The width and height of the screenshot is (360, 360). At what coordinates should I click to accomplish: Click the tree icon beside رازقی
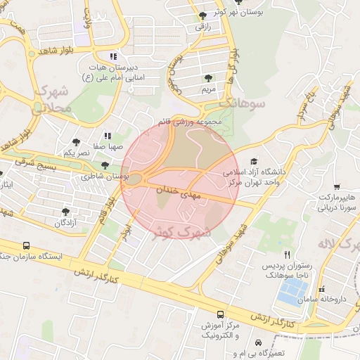(203, 15)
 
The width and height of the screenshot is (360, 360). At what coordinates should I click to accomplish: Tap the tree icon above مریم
(207, 78)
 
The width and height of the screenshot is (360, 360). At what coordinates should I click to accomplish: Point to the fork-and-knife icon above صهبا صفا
(107, 135)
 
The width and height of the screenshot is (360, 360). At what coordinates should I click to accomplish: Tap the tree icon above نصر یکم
(76, 141)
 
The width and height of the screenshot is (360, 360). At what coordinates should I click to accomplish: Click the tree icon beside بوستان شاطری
(105, 165)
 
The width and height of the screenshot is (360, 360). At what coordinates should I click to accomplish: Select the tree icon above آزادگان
(66, 211)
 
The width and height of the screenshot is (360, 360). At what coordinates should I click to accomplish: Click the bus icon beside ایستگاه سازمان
(27, 247)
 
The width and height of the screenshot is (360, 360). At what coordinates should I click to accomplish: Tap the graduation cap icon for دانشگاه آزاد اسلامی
(253, 161)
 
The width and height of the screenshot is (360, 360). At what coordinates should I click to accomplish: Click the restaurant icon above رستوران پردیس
(286, 254)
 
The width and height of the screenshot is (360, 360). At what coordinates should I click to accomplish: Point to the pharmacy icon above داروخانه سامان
(323, 289)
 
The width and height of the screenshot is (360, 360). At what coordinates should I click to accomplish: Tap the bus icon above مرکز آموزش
(221, 314)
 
